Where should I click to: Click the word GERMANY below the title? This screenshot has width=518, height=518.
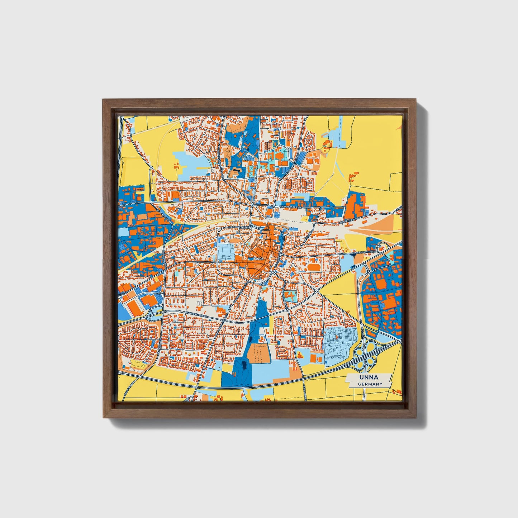370,384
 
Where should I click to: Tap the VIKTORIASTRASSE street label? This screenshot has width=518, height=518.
290,207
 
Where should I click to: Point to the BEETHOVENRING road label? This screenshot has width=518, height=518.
238,227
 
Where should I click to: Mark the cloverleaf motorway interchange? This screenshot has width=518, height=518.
365,351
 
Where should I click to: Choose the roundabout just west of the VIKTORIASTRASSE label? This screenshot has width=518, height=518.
253,205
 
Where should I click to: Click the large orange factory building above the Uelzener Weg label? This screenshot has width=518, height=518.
355,204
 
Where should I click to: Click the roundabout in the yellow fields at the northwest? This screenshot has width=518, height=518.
152,167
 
